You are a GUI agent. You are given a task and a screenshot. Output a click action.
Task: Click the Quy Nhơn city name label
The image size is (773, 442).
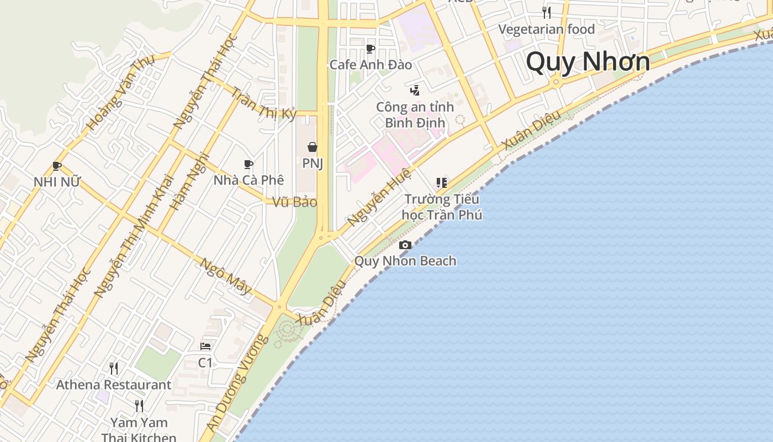coord(588,61)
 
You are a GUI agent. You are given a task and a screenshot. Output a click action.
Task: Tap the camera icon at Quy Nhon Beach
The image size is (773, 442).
coord(405,245)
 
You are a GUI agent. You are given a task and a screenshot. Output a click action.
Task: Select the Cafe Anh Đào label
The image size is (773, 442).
coord(370,65)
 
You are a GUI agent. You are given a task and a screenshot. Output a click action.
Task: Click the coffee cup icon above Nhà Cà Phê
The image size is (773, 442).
coord(248,164)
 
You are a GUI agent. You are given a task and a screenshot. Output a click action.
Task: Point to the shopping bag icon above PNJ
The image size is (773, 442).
coord(313,147)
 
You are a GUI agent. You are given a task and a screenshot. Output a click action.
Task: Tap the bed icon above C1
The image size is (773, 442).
coord(205,346)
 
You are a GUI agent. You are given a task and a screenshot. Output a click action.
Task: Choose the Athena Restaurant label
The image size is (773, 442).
coord(114,385)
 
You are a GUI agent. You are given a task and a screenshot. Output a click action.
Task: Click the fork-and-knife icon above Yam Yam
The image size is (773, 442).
coord(139,406)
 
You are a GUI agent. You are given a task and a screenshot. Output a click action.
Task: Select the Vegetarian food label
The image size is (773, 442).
coord(547,29)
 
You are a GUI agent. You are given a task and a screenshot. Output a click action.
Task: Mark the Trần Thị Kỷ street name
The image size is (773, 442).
coord(263,103)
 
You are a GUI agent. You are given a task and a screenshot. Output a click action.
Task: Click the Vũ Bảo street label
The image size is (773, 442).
coord(295,202)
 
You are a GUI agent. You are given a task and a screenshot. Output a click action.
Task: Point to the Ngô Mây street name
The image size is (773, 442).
coord(225,276)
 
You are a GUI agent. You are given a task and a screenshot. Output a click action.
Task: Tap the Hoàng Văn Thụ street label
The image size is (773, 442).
coord(120,93)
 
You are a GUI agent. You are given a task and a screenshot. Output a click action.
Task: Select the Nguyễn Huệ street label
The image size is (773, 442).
coord(379,197)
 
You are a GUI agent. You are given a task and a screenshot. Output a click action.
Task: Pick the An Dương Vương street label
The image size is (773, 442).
coord(238,383)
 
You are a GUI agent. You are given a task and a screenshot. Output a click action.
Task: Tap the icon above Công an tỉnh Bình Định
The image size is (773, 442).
coord(415,90)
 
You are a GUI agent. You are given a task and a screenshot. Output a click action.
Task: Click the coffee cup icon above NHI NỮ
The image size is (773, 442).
coord(56,166)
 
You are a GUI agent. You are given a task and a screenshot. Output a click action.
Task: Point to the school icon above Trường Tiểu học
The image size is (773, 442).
coord(441,182)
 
